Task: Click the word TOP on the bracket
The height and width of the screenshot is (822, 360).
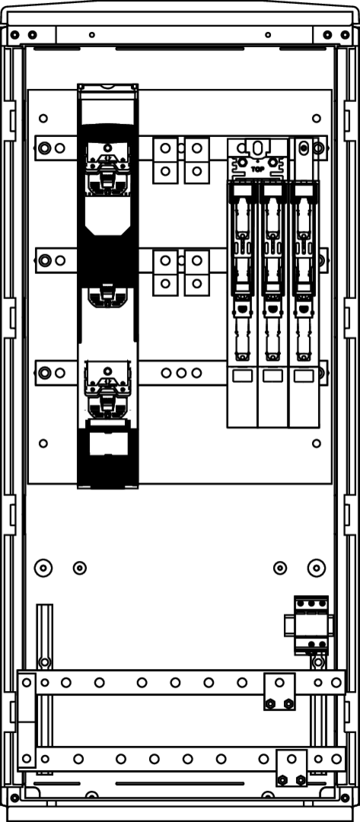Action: [257, 169]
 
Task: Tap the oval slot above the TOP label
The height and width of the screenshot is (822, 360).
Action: [257, 148]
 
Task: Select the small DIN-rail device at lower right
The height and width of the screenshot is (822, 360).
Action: [311, 625]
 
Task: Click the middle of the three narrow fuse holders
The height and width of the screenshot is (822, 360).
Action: [272, 304]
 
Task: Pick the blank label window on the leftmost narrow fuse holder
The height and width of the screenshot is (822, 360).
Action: [242, 375]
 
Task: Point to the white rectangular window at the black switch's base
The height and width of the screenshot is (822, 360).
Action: [109, 444]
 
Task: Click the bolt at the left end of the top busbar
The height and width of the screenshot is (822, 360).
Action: [45, 148]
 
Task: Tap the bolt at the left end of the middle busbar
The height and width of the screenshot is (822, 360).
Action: [45, 260]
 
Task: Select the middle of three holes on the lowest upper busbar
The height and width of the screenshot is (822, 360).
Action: [181, 373]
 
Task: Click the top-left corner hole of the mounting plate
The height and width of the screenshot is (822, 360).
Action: [43, 118]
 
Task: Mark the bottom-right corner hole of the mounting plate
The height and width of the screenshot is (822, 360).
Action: [317, 444]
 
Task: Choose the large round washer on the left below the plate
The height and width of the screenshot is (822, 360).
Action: [43, 567]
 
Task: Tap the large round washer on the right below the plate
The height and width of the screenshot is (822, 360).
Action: [317, 567]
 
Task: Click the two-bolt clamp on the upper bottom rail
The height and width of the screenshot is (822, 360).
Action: [279, 692]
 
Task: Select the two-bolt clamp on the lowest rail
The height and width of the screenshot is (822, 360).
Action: [292, 769]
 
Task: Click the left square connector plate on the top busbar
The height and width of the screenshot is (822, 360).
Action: [165, 160]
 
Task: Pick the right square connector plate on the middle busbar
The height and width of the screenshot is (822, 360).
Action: [197, 272]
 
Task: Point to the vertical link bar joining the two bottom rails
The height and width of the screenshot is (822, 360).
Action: [27, 720]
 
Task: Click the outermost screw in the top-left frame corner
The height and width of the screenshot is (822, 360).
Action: [14, 35]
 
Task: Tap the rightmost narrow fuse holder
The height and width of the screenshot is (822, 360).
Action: [304, 304]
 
